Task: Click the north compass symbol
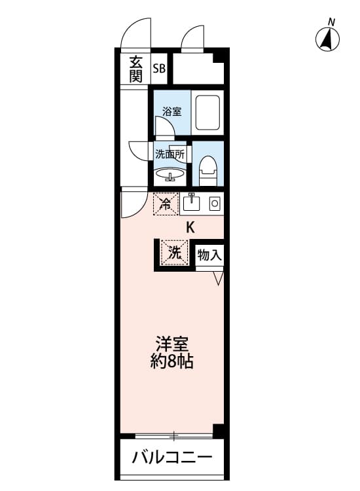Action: click(328, 39)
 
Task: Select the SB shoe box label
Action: click(159, 67)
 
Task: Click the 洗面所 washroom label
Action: click(170, 155)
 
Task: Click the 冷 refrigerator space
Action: click(166, 203)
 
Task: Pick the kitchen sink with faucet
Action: click(191, 204)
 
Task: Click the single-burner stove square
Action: click(213, 204)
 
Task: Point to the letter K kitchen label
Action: click(191, 228)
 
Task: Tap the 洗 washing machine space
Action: click(174, 254)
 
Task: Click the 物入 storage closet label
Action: click(210, 255)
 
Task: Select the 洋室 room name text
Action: click(172, 343)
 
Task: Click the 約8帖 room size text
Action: click(172, 361)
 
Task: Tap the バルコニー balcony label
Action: click(172, 458)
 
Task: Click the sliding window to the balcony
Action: click(173, 435)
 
